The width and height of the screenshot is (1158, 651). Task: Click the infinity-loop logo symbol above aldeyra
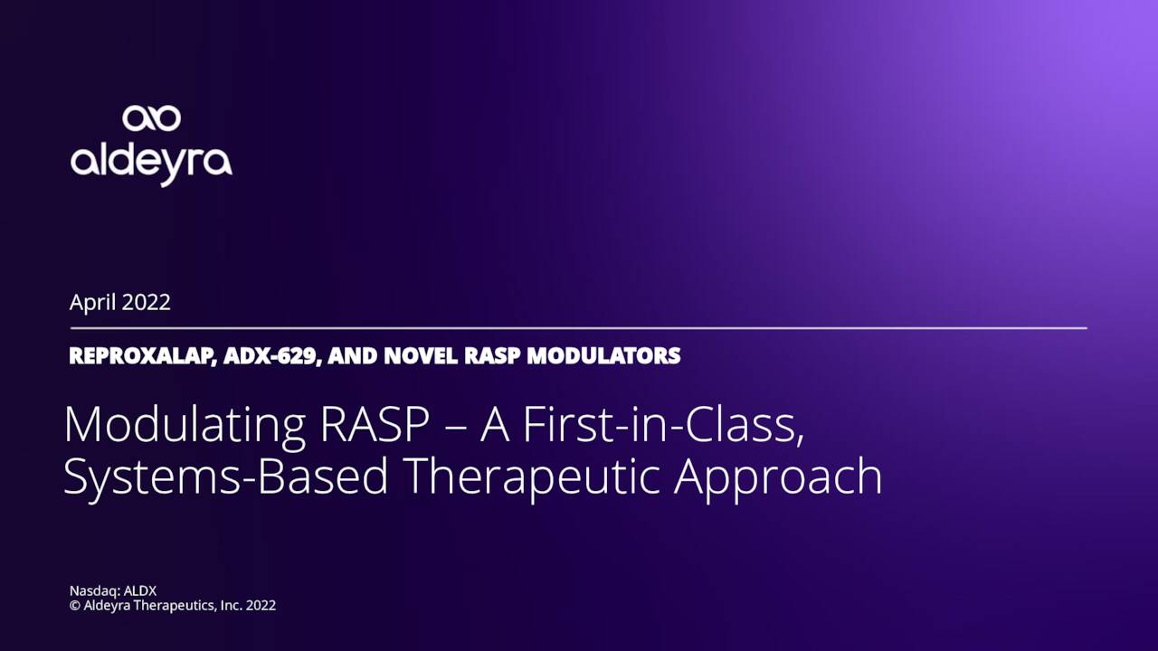pyautogui.click(x=151, y=118)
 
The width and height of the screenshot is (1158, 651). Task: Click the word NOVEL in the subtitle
pyautogui.click(x=421, y=355)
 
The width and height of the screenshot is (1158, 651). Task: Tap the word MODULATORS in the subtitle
pyautogui.click(x=603, y=355)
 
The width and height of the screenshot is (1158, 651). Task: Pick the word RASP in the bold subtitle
pyautogui.click(x=492, y=355)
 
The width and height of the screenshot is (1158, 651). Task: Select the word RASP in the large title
pyautogui.click(x=375, y=425)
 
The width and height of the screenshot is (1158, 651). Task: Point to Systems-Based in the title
pyautogui.click(x=225, y=477)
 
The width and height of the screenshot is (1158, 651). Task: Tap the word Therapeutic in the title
pyautogui.click(x=534, y=477)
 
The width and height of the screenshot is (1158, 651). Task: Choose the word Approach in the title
pyautogui.click(x=779, y=477)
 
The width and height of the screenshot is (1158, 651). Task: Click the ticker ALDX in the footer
pyautogui.click(x=140, y=591)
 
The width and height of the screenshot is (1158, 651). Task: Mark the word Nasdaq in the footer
pyautogui.click(x=95, y=591)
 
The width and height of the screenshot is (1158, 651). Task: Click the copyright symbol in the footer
pyautogui.click(x=75, y=606)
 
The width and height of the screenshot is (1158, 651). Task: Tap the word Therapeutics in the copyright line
pyautogui.click(x=176, y=606)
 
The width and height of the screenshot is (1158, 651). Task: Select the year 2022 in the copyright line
pyautogui.click(x=261, y=606)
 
